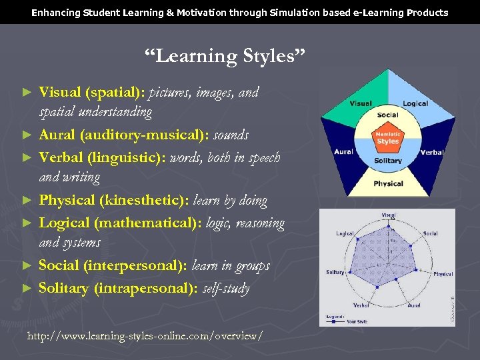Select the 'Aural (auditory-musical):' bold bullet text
point(124,135)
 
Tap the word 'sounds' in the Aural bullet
point(231,135)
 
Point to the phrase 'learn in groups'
point(231,265)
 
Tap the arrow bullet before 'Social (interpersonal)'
point(27,266)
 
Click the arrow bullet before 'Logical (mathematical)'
point(27,223)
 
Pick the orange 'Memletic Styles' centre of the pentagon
point(387,137)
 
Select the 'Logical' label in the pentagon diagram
point(415,103)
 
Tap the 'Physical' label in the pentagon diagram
point(388,183)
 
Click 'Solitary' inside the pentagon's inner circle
point(388,161)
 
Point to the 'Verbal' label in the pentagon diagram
point(432,152)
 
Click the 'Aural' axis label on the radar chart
point(413,305)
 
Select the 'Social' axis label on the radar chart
point(430,233)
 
